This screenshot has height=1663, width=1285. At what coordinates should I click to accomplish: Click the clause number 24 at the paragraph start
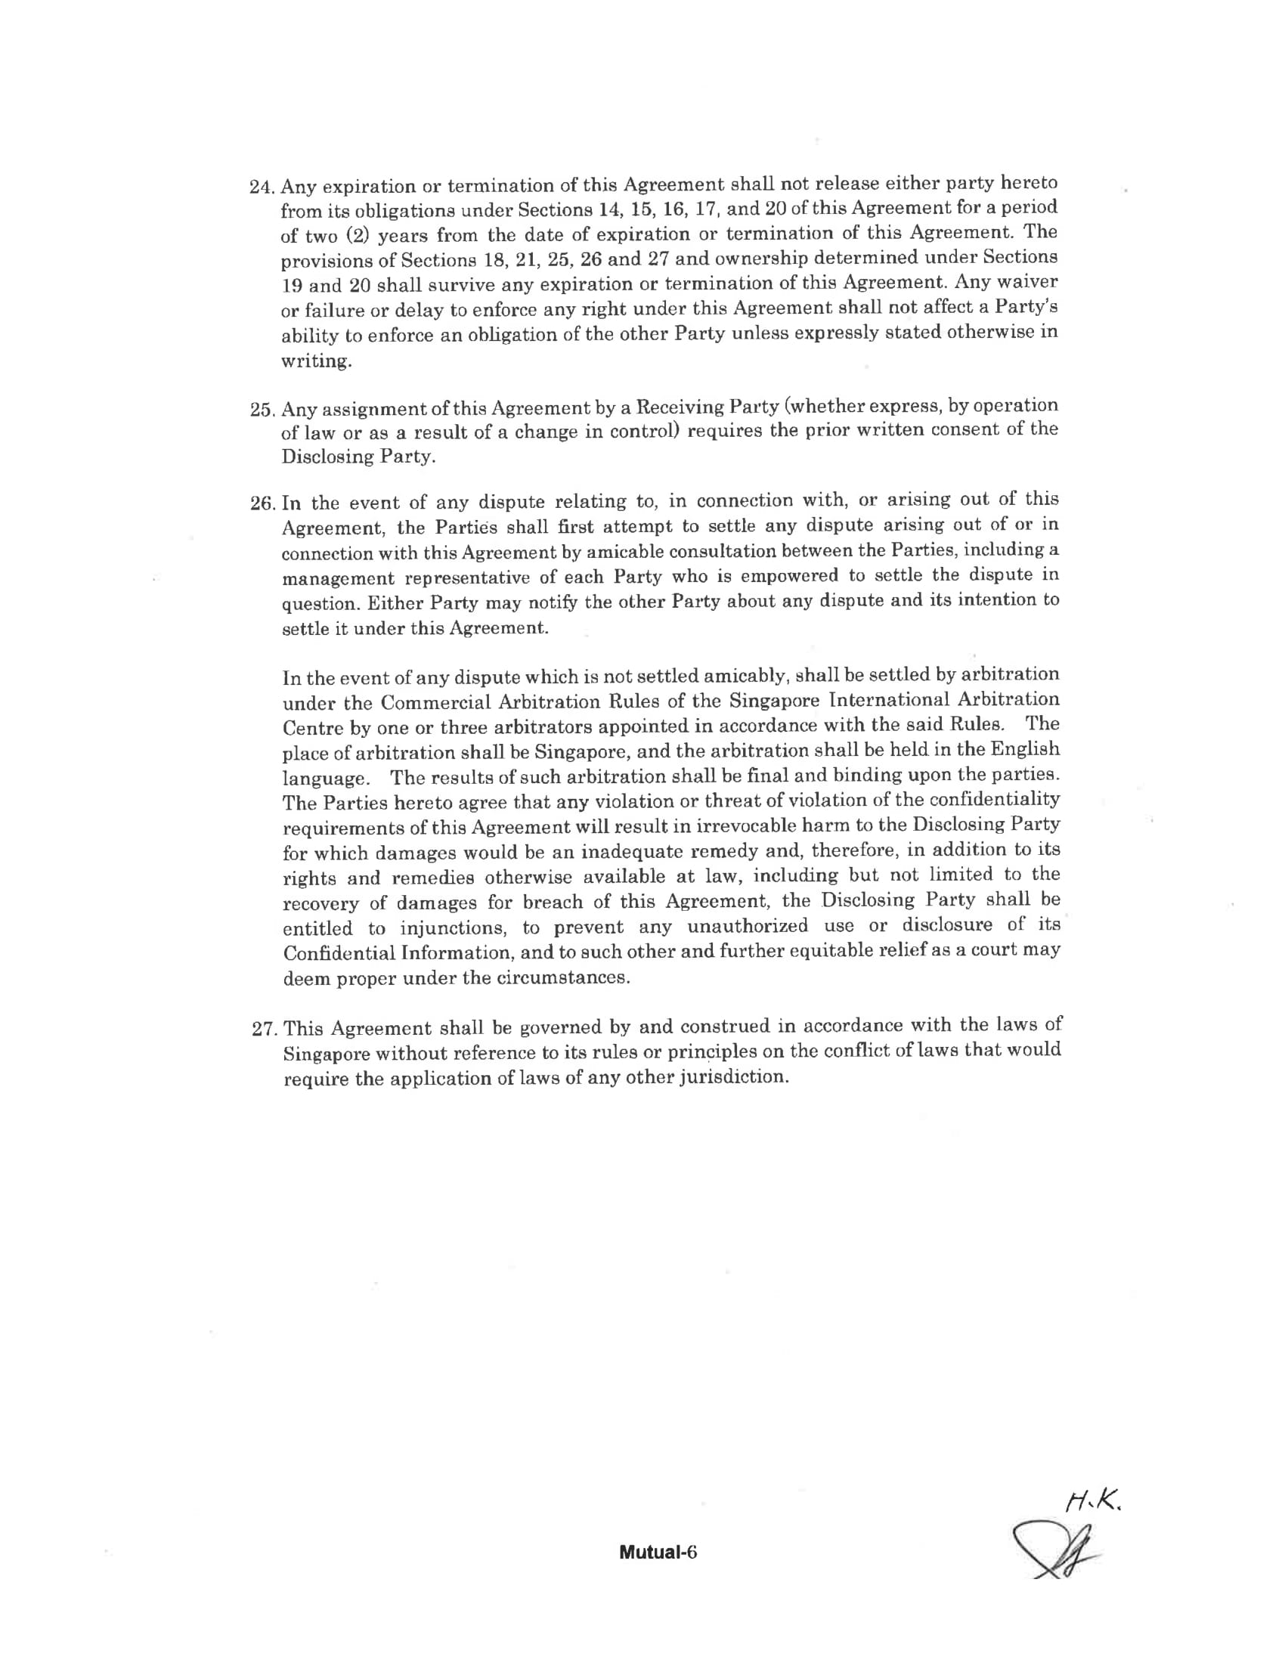click(x=262, y=187)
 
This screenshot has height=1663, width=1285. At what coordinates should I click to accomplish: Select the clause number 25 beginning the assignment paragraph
click(x=262, y=410)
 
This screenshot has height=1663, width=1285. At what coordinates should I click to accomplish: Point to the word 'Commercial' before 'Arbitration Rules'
click(x=431, y=701)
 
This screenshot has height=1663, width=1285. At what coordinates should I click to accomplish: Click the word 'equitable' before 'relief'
click(x=788, y=952)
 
